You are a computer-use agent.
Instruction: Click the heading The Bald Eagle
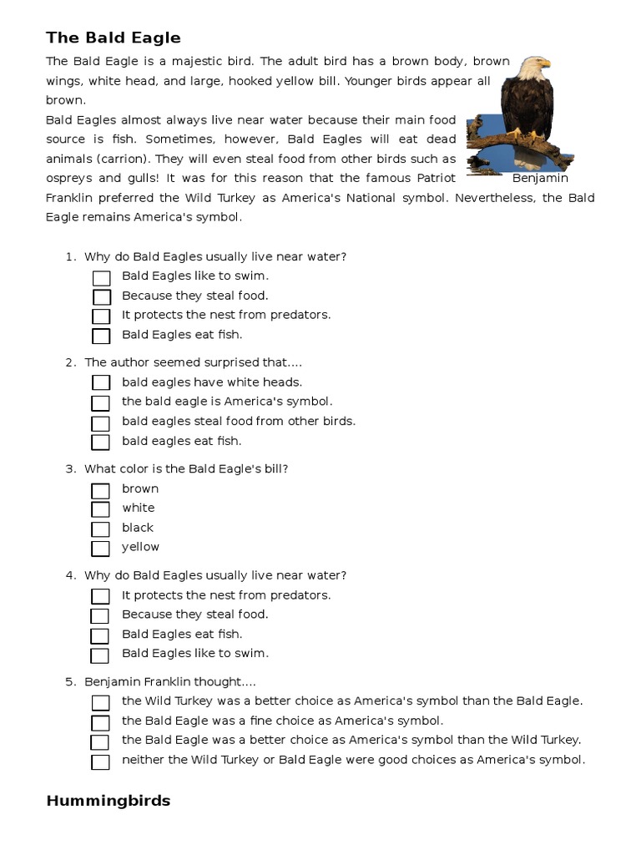(113, 38)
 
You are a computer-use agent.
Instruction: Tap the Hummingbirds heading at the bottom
(108, 801)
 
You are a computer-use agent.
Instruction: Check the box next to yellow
(101, 549)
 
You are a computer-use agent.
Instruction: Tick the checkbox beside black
(101, 529)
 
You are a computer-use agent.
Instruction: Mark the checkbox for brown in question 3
(101, 491)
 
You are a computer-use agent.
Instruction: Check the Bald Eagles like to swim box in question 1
(101, 278)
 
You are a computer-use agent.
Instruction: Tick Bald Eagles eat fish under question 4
(100, 636)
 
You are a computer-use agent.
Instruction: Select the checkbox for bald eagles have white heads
(101, 383)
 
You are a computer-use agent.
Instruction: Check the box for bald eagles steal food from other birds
(101, 423)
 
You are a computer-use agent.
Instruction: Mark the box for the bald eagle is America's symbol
(101, 403)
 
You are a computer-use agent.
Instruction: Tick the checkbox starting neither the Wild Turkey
(101, 762)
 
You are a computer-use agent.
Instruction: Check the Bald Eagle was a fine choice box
(101, 723)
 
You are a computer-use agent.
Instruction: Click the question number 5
(70, 681)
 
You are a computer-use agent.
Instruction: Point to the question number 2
(70, 362)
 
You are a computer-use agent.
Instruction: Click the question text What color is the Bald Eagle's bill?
(186, 469)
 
